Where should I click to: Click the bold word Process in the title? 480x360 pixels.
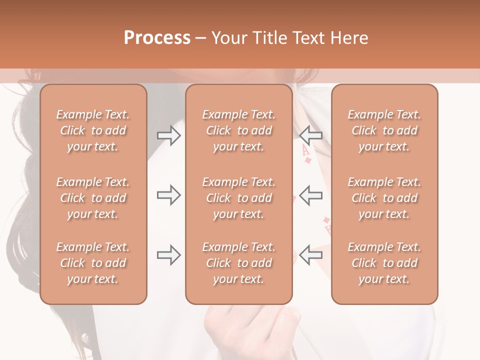click(x=157, y=38)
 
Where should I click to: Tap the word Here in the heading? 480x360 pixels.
click(x=349, y=38)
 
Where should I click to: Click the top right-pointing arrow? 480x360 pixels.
click(x=168, y=135)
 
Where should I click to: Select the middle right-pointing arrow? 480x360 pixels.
click(x=168, y=195)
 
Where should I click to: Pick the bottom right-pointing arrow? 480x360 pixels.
click(x=168, y=255)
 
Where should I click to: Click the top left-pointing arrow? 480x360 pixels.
click(x=310, y=135)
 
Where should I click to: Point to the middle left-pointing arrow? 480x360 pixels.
click(x=310, y=195)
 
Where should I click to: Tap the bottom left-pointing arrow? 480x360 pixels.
click(x=310, y=255)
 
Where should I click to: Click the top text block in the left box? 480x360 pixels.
click(x=93, y=130)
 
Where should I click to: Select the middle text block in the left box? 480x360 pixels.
click(x=93, y=198)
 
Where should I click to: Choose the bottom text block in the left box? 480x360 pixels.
click(x=93, y=263)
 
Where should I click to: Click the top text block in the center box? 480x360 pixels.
click(x=238, y=130)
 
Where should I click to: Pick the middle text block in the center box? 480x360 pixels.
click(x=238, y=198)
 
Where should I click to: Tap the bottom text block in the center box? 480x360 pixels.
click(x=238, y=263)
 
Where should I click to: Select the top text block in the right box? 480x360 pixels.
click(x=384, y=130)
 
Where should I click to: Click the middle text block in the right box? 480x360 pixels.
click(x=384, y=198)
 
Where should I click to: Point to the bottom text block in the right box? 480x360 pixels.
click(x=384, y=263)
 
